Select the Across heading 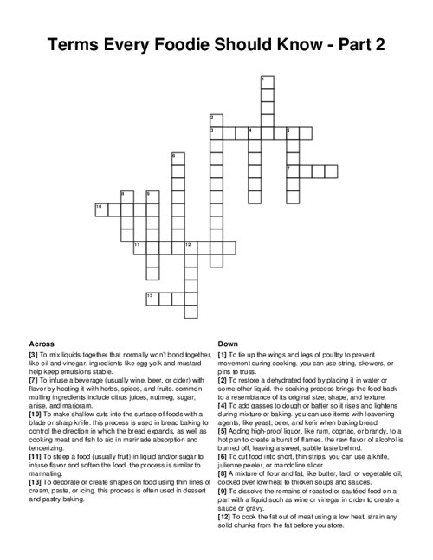click(x=42, y=344)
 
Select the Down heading click(x=228, y=344)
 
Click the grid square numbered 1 click(x=266, y=84)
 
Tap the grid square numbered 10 click(x=100, y=209)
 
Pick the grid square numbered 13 click(x=152, y=298)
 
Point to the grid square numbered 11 click(x=139, y=248)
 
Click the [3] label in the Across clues click(x=33, y=354)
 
